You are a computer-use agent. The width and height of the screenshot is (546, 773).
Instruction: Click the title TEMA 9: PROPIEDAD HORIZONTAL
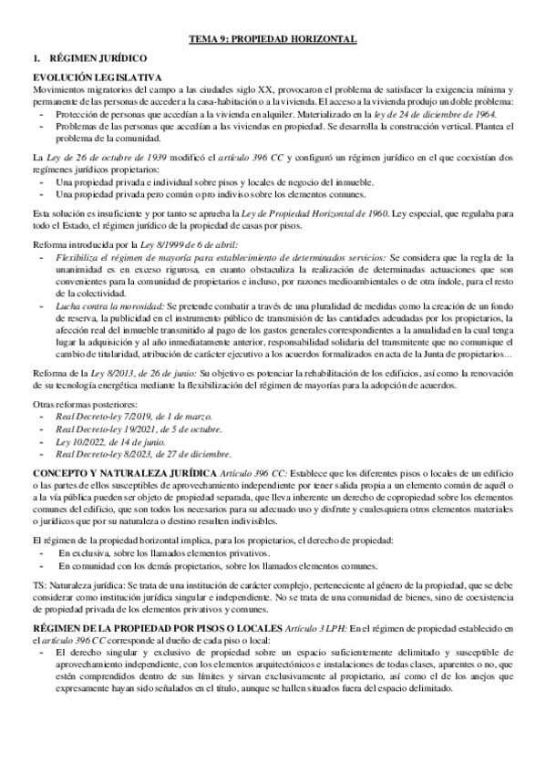pos(272,39)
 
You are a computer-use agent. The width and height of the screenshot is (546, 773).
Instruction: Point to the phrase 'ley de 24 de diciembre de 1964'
pos(438,117)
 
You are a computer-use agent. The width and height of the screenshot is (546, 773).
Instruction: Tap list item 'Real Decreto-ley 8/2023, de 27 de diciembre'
pos(143,454)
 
